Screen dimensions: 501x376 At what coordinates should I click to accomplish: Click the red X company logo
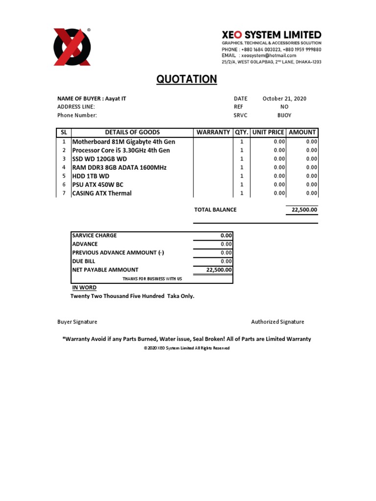point(72,47)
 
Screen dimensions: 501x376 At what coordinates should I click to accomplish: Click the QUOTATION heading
point(187,79)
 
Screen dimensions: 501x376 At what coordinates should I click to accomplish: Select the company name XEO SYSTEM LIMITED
point(272,35)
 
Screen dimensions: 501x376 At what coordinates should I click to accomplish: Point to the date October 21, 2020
point(284,98)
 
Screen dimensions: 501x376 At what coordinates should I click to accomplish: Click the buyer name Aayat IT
point(116,98)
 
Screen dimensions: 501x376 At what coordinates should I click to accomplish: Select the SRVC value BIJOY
point(284,115)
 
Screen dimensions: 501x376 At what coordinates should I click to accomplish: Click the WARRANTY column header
point(213,133)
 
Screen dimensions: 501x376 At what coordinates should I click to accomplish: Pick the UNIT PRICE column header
point(268,133)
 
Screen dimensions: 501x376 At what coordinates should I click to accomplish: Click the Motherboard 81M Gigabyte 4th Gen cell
point(123,141)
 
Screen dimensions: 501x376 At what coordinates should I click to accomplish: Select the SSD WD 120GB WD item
point(99,159)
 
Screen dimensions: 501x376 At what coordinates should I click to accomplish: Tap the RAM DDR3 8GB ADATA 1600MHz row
point(119,167)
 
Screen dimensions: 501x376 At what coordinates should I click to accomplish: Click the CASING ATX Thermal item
point(102,193)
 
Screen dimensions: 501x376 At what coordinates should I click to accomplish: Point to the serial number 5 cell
point(64,176)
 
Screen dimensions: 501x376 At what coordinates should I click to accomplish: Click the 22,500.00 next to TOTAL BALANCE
point(302,209)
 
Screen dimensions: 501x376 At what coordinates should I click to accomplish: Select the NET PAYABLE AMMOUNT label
point(105,270)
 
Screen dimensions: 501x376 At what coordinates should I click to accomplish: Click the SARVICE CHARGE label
point(94,235)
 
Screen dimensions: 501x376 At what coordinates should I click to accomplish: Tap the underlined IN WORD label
point(84,288)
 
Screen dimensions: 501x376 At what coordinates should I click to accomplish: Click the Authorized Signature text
point(278,322)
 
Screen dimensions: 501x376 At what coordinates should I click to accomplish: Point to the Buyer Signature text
point(77,322)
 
